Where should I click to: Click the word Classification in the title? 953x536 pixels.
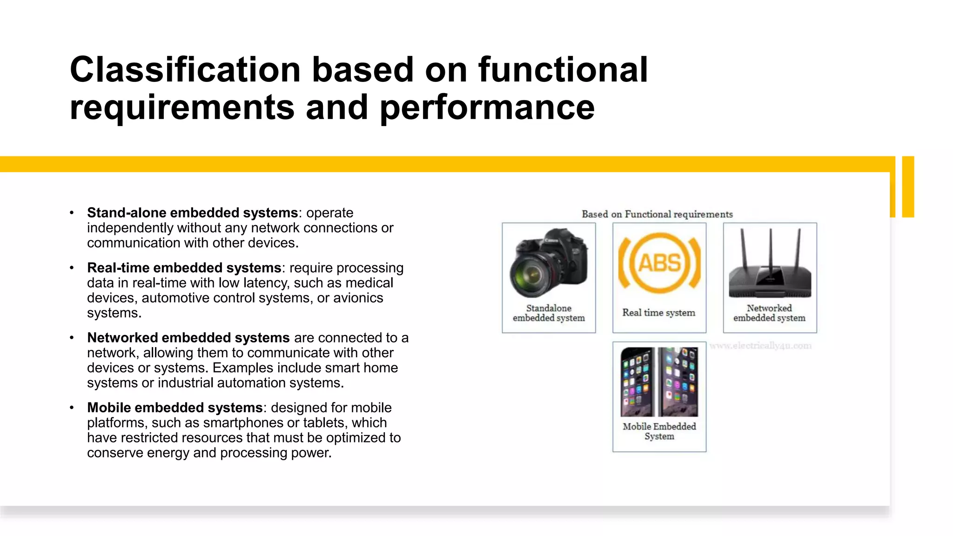point(185,70)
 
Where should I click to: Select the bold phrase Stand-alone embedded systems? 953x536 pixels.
point(192,213)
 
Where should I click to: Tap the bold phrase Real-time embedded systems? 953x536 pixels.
point(184,268)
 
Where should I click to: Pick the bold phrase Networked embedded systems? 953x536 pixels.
point(188,338)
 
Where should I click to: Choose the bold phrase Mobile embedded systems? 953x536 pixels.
point(175,408)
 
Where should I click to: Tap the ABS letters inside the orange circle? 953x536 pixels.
point(659,263)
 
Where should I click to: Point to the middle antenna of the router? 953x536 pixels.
point(770,251)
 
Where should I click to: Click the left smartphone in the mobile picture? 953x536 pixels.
point(637,382)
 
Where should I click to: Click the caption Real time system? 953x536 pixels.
point(659,313)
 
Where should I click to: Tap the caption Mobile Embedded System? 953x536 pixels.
point(659,431)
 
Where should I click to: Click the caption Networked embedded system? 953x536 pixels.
point(769,313)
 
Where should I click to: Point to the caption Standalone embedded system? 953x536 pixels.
point(549,313)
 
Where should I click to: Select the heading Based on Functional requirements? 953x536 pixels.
point(657,214)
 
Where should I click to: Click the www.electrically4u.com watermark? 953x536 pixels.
point(760,346)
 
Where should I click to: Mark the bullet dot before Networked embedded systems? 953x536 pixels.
point(72,338)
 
